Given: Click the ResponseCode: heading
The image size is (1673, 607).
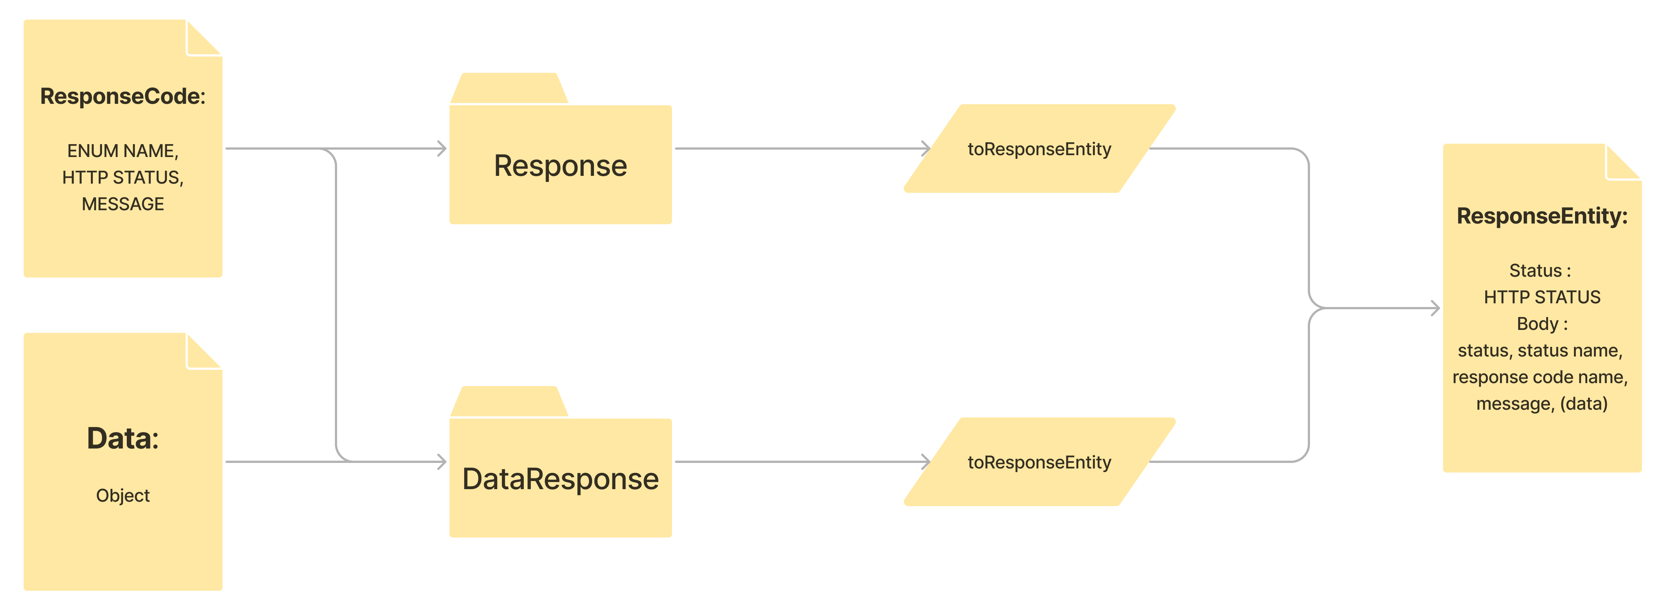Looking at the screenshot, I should tap(123, 96).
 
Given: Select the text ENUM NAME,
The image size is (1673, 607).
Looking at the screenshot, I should tap(123, 151).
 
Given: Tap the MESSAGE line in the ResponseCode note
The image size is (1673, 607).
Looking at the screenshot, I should tap(123, 204).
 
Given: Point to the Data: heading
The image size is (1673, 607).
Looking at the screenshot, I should tap(123, 438).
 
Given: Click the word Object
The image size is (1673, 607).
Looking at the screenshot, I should tap(123, 495).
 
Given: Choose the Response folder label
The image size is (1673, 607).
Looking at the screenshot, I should tap(560, 166).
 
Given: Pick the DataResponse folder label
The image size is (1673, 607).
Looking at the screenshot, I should tap(560, 479).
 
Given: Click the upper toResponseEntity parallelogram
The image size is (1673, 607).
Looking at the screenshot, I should tap(1039, 149).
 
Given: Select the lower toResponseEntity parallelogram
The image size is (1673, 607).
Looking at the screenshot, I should tap(1039, 462).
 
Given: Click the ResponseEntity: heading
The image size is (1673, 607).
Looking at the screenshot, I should tap(1542, 215).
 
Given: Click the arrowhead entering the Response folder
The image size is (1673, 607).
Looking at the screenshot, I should tap(442, 149).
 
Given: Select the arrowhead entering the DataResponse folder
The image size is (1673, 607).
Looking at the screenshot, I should tap(442, 462).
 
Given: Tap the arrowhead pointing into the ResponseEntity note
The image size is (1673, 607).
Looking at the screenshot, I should tap(1435, 308).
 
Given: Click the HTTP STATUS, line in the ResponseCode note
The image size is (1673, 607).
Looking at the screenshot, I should tap(123, 177).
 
